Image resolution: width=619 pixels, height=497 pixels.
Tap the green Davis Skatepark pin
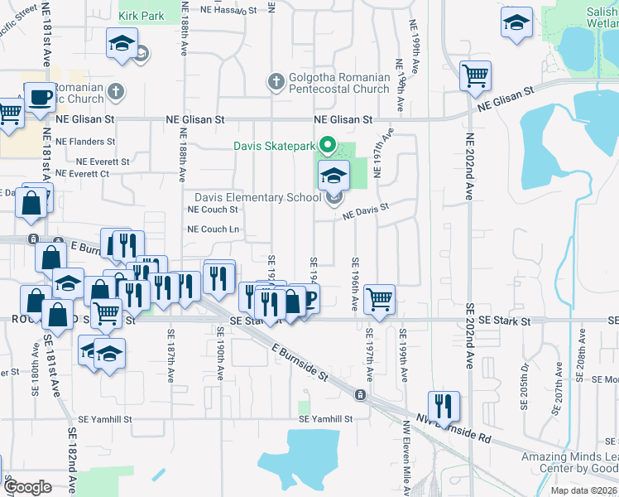327,146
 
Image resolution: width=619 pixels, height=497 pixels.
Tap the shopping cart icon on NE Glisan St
476,76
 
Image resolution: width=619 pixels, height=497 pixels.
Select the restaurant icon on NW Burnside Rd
444,405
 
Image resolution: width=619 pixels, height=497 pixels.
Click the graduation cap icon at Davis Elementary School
334,176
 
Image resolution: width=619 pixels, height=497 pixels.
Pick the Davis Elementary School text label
257,197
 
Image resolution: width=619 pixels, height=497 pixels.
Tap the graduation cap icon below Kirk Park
122,44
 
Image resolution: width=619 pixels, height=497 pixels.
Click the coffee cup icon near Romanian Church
40,98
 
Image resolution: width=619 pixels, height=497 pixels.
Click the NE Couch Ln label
214,229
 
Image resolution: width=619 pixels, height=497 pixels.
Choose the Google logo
27,487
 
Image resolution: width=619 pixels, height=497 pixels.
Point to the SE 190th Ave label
221,353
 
